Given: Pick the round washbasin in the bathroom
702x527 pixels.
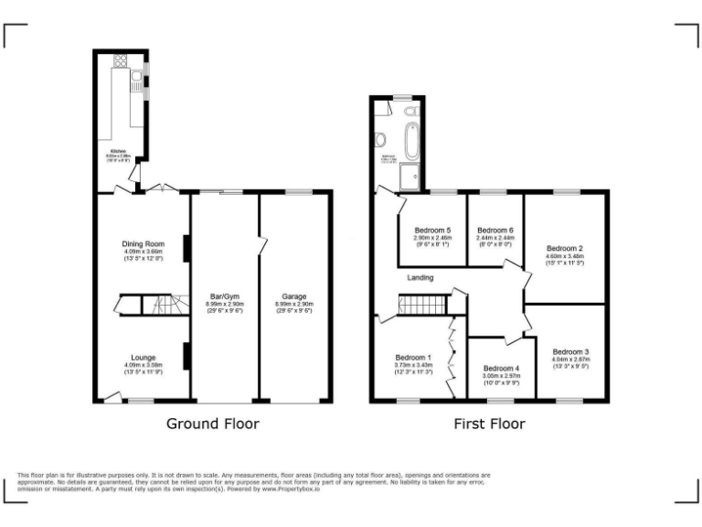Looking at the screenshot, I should coord(378,141).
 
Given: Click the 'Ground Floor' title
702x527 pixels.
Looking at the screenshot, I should coord(212,424).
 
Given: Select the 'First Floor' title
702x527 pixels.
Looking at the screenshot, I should coord(490,424).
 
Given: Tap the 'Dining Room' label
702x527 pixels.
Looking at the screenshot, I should coord(144,244).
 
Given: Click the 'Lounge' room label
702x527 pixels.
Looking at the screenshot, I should coord(143,357).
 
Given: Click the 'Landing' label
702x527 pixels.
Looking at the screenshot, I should coord(420,277).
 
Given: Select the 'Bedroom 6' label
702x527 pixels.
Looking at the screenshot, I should coord(495,230).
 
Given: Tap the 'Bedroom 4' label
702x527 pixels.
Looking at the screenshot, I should coord(500,368).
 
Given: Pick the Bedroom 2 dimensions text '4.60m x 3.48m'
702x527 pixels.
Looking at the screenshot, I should coord(565,256).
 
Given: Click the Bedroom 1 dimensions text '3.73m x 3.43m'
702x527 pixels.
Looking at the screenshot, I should coord(414,365).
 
